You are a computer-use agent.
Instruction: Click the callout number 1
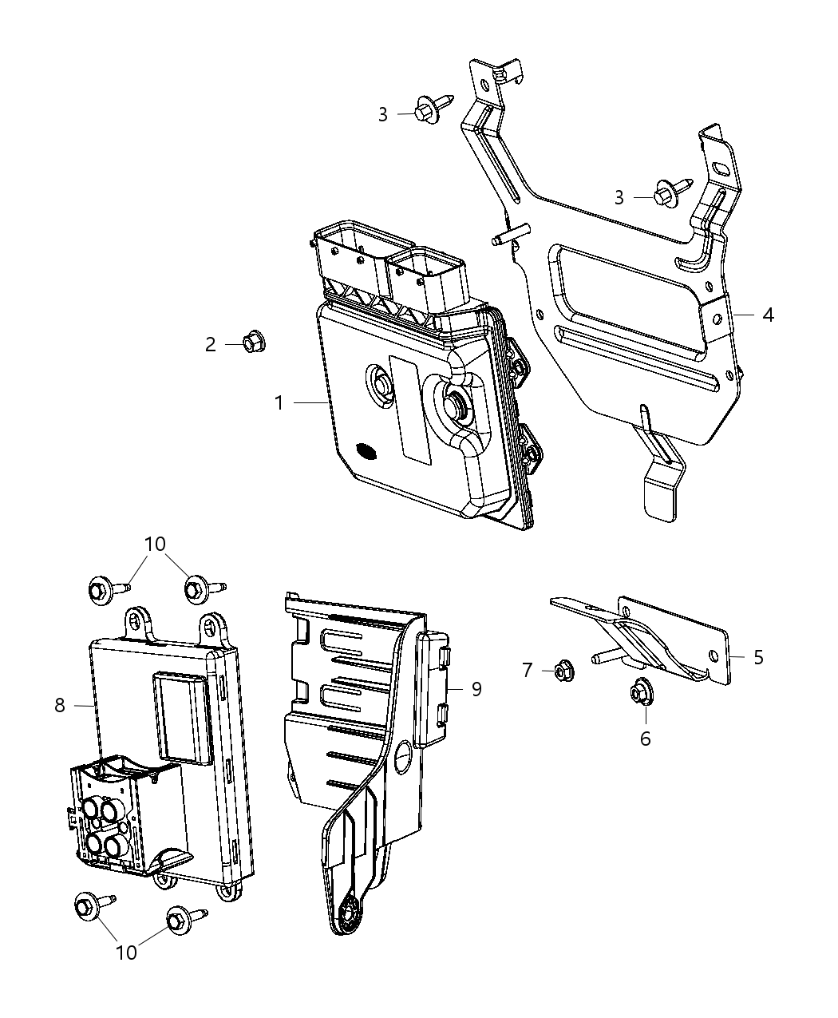click(279, 403)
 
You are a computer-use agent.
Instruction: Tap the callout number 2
click(210, 344)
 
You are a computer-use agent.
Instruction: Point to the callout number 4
click(767, 315)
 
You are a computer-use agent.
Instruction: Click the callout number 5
click(758, 656)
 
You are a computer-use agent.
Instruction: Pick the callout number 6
click(645, 739)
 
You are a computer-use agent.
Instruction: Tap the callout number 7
click(527, 670)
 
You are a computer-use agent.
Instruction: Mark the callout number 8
click(60, 705)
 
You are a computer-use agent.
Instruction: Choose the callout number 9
click(476, 688)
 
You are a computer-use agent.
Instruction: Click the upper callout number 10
click(155, 544)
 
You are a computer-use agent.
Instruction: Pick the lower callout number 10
click(127, 952)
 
